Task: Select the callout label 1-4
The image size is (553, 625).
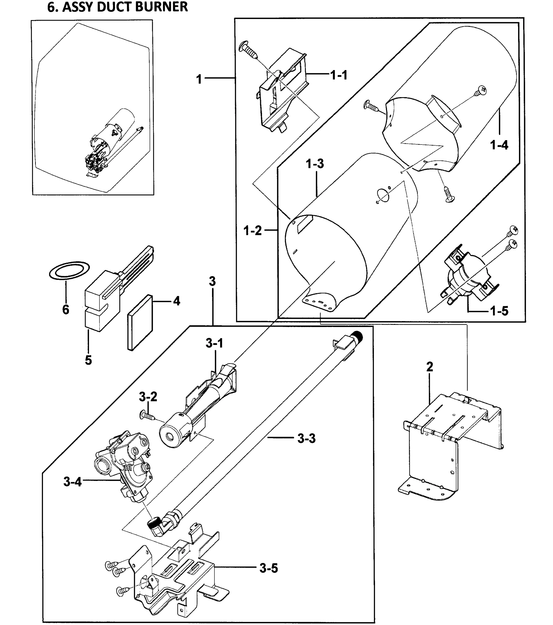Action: [499, 145]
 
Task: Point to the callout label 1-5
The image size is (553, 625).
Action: [499, 311]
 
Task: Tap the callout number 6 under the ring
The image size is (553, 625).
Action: [66, 309]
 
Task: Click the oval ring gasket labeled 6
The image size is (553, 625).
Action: [69, 270]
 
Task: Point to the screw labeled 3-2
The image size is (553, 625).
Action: [148, 416]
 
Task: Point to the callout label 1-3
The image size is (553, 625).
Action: [315, 164]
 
